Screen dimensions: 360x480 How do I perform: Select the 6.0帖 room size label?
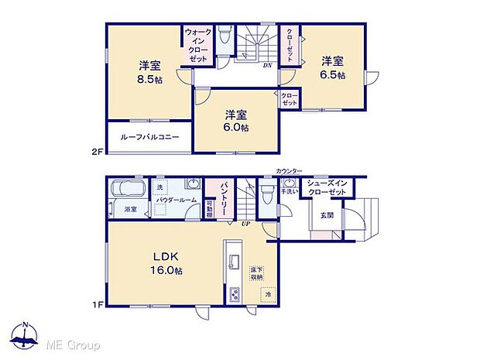point(236,127)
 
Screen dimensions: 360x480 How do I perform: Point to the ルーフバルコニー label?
point(150,137)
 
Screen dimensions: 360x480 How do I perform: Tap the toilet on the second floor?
point(225,36)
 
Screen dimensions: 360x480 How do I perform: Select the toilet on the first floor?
point(267,193)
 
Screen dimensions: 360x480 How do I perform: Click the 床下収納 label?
point(255,273)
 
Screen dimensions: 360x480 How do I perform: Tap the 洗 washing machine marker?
point(160,187)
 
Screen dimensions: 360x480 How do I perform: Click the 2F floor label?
point(97,153)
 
